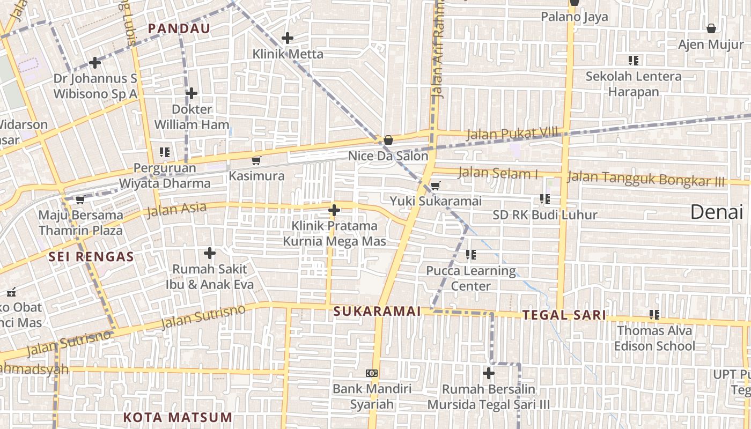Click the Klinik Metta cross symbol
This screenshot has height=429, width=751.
click(288, 38)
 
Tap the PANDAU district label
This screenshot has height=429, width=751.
click(179, 28)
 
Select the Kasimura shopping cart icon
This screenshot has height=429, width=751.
click(256, 160)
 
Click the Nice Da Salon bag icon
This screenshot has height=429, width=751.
click(388, 140)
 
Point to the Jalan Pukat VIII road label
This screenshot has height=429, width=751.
click(512, 133)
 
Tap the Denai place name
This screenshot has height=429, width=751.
click(717, 212)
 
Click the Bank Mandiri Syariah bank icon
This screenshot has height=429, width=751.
click(371, 373)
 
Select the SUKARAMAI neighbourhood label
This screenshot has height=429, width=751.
click(377, 311)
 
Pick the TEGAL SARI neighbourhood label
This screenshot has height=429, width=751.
click(564, 315)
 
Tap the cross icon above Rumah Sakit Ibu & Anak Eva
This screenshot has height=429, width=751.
click(210, 253)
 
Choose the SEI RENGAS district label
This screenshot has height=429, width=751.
click(91, 256)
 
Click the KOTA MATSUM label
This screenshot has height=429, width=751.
click(178, 417)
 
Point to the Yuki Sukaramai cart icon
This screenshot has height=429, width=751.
click(436, 186)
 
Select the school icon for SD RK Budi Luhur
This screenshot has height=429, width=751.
click(545, 199)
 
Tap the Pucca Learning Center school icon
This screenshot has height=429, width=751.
click(471, 255)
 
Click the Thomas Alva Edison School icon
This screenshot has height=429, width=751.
click(654, 315)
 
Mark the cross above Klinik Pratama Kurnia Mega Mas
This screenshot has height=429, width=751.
click(334, 210)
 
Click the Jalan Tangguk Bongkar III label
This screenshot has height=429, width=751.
click(646, 179)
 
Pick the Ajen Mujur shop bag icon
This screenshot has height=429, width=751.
click(711, 28)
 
